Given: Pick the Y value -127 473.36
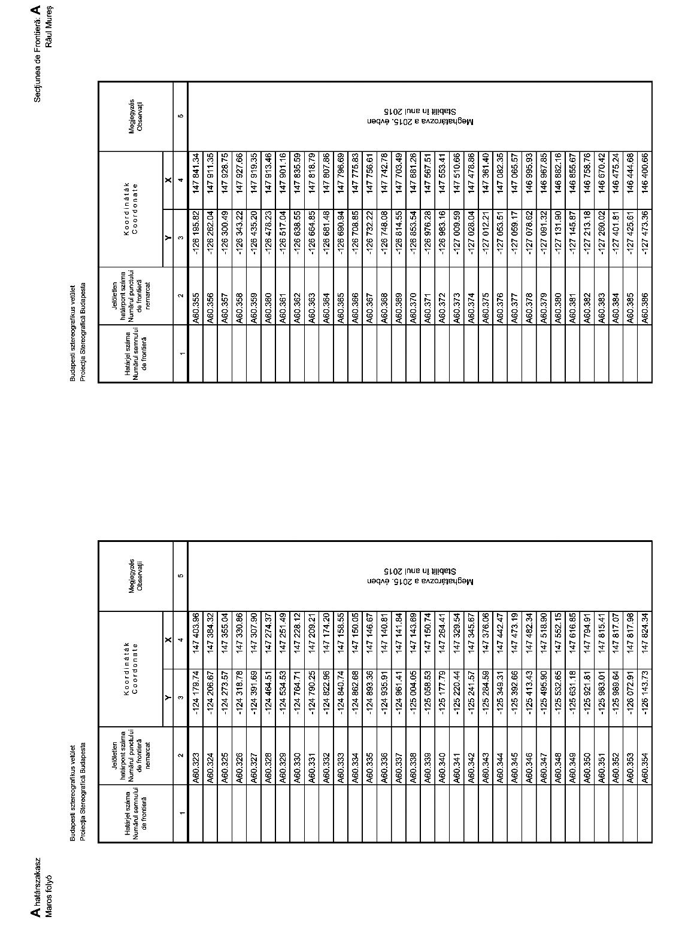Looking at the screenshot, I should click(x=645, y=239).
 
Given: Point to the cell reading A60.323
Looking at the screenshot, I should click(x=195, y=769).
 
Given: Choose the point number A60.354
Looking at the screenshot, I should click(x=645, y=769).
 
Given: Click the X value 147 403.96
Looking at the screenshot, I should click(x=195, y=634).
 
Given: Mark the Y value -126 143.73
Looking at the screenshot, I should click(x=645, y=697).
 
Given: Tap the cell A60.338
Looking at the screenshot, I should click(x=413, y=769).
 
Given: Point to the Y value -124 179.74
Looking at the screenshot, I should click(x=195, y=697).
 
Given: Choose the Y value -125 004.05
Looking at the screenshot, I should click(x=413, y=697).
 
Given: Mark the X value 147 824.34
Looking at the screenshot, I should click(x=645, y=634).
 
